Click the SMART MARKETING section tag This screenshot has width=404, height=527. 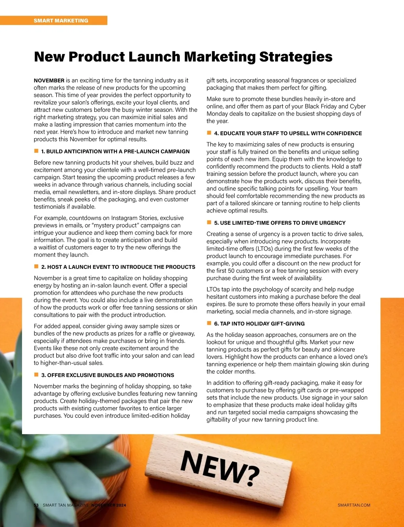click(x=61, y=21)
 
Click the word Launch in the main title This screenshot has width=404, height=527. click(x=154, y=57)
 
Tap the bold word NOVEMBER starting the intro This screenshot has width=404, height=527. click(x=49, y=81)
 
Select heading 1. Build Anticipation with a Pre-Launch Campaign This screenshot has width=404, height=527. click(x=115, y=152)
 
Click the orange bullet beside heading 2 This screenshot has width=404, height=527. click(x=36, y=267)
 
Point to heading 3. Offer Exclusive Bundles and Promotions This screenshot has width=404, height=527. click(x=108, y=375)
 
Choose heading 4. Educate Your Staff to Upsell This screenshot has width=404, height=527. click(x=288, y=133)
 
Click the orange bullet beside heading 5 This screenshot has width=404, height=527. click(x=209, y=222)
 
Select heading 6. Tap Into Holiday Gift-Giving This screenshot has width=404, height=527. click(x=259, y=323)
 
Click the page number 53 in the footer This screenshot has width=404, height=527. click(x=36, y=505)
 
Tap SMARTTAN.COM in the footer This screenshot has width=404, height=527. click(x=354, y=505)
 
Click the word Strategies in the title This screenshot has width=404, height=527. click(x=296, y=57)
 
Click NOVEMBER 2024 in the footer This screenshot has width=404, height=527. click(x=109, y=505)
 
